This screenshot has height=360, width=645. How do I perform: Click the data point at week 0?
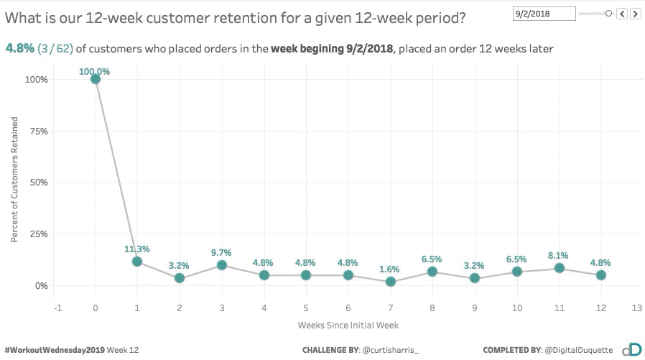pyautogui.click(x=96, y=79)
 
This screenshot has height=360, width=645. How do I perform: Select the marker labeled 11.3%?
pyautogui.click(x=137, y=262)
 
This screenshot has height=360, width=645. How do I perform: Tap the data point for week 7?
pyautogui.click(x=390, y=282)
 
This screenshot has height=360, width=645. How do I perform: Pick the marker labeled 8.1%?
pyautogui.click(x=559, y=268)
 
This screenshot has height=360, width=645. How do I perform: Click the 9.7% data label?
pyautogui.click(x=221, y=253)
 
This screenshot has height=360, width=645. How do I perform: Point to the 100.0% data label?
pyautogui.click(x=96, y=71)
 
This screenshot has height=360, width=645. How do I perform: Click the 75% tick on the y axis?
pyautogui.click(x=38, y=131)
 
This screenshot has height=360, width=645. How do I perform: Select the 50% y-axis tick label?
pyautogui.click(x=38, y=183)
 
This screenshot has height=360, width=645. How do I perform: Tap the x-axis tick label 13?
pyautogui.click(x=636, y=308)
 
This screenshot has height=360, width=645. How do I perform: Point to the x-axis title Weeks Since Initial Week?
pyautogui.click(x=348, y=325)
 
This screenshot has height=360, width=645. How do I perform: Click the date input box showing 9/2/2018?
pyautogui.click(x=544, y=13)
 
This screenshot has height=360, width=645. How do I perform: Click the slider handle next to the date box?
pyautogui.click(x=608, y=13)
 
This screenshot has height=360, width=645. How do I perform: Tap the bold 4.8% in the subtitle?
pyautogui.click(x=19, y=48)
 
